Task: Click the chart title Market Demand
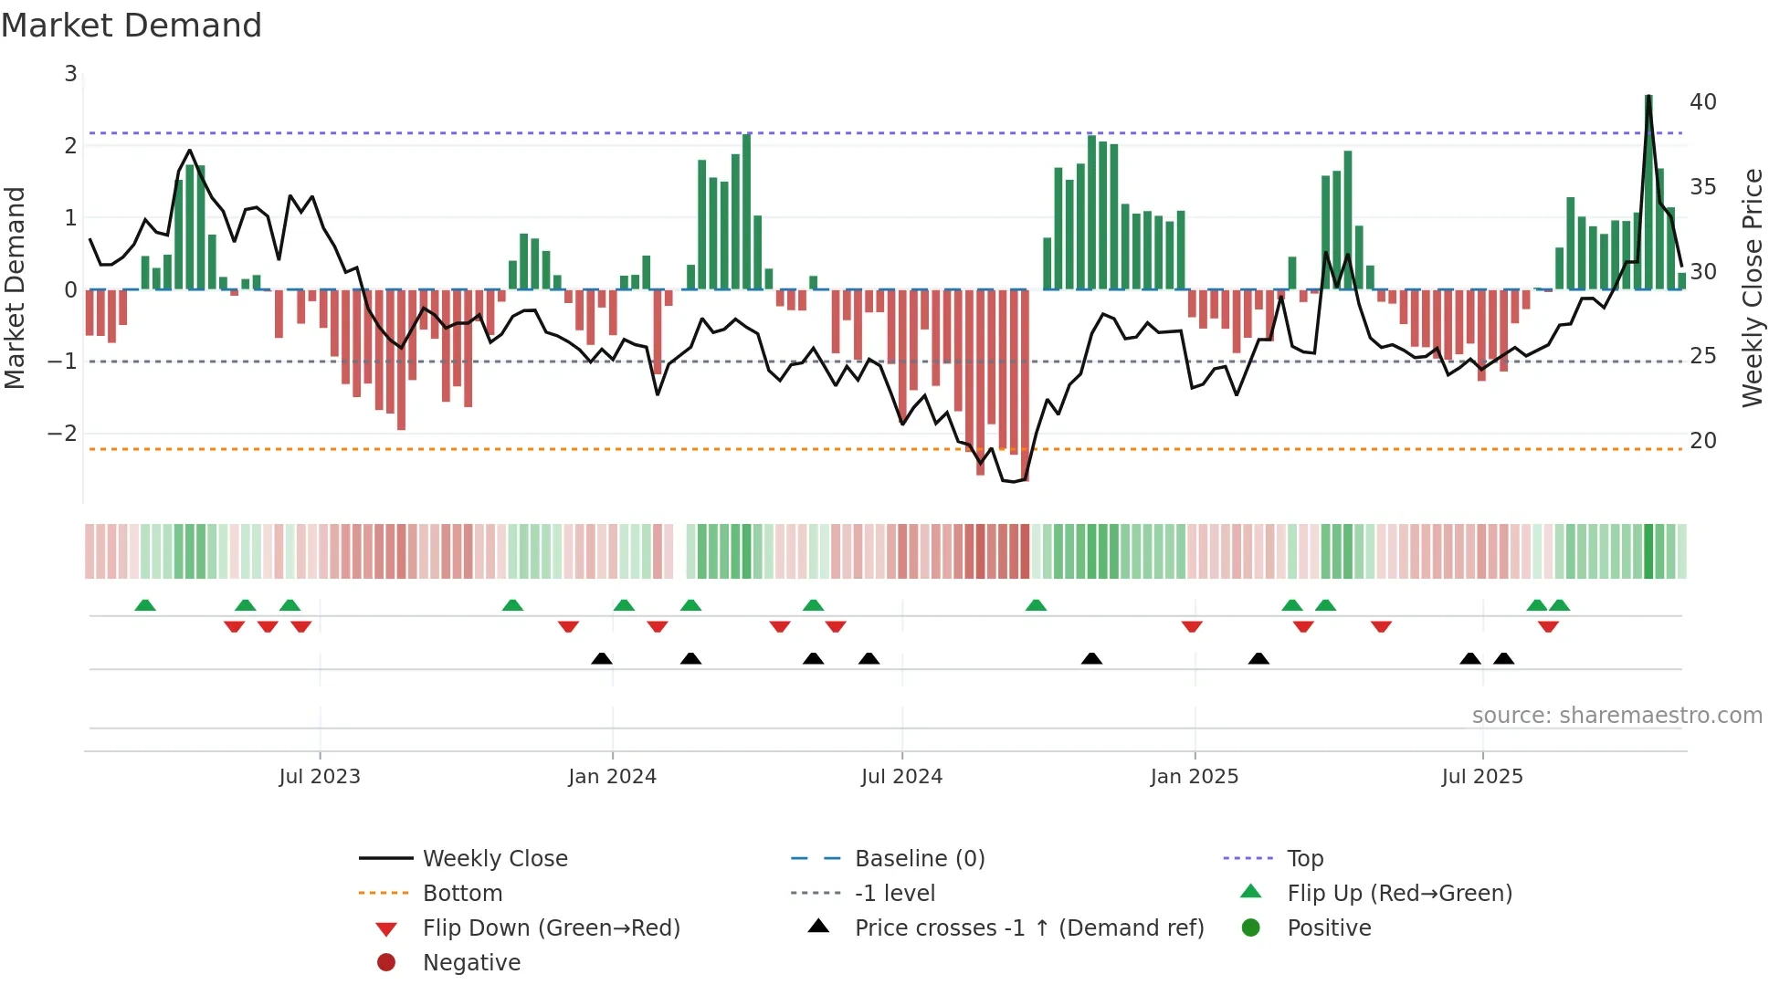point(132,26)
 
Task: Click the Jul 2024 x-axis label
point(901,777)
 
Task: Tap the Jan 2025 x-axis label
point(1194,777)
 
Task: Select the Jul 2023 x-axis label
point(320,777)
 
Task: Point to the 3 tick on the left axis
point(70,74)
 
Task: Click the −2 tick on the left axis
point(63,434)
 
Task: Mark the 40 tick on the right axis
point(1702,102)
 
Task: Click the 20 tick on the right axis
point(1702,441)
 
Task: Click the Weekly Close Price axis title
point(1752,288)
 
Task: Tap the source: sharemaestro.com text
point(1616,716)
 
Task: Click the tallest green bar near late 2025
point(1648,192)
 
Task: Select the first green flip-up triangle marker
point(145,605)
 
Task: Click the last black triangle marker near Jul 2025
point(1503,658)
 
